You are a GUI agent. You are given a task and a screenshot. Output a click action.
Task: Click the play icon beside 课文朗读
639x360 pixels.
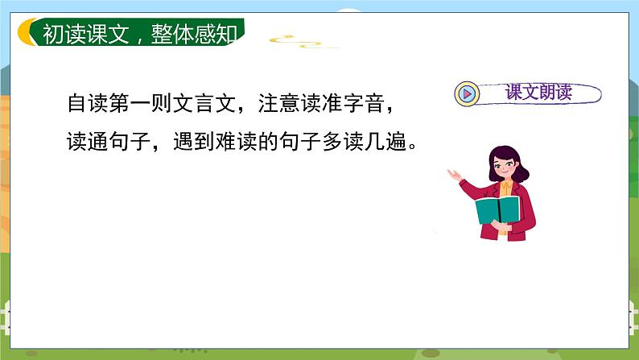tap(468, 93)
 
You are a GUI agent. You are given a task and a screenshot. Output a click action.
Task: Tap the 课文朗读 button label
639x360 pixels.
tap(538, 93)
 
